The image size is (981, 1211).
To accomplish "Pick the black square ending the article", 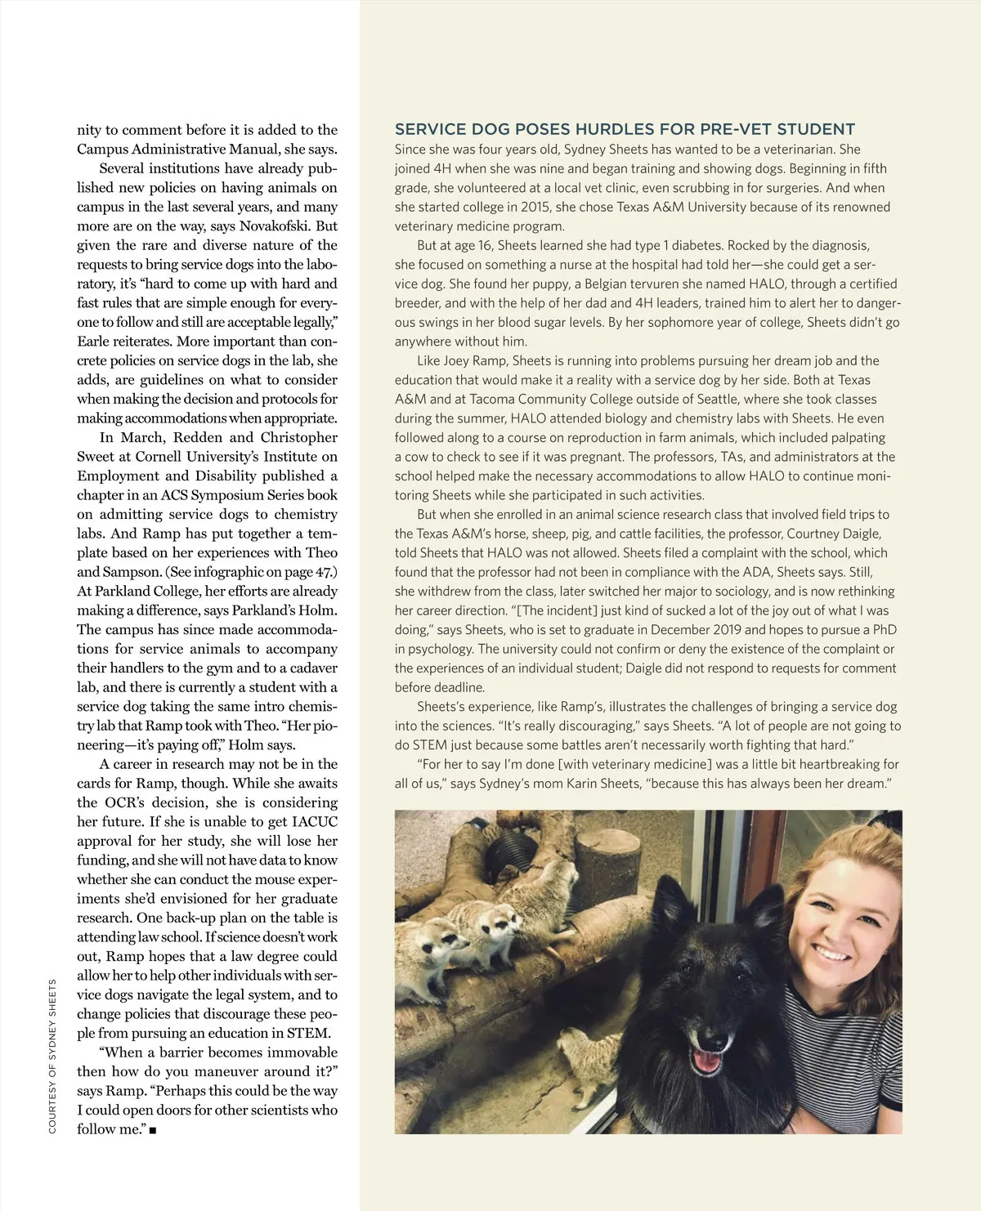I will click(153, 1131).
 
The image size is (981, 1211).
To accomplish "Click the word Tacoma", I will click(489, 399).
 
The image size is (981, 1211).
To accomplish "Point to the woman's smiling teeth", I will click(832, 954).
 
